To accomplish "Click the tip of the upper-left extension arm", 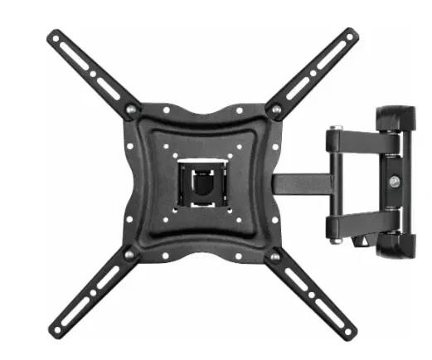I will (x=53, y=36).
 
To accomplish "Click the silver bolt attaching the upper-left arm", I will (x=130, y=109).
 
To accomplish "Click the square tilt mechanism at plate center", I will (x=201, y=180).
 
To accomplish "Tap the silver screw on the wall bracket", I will (x=393, y=182).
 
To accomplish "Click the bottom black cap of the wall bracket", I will (x=396, y=246).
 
